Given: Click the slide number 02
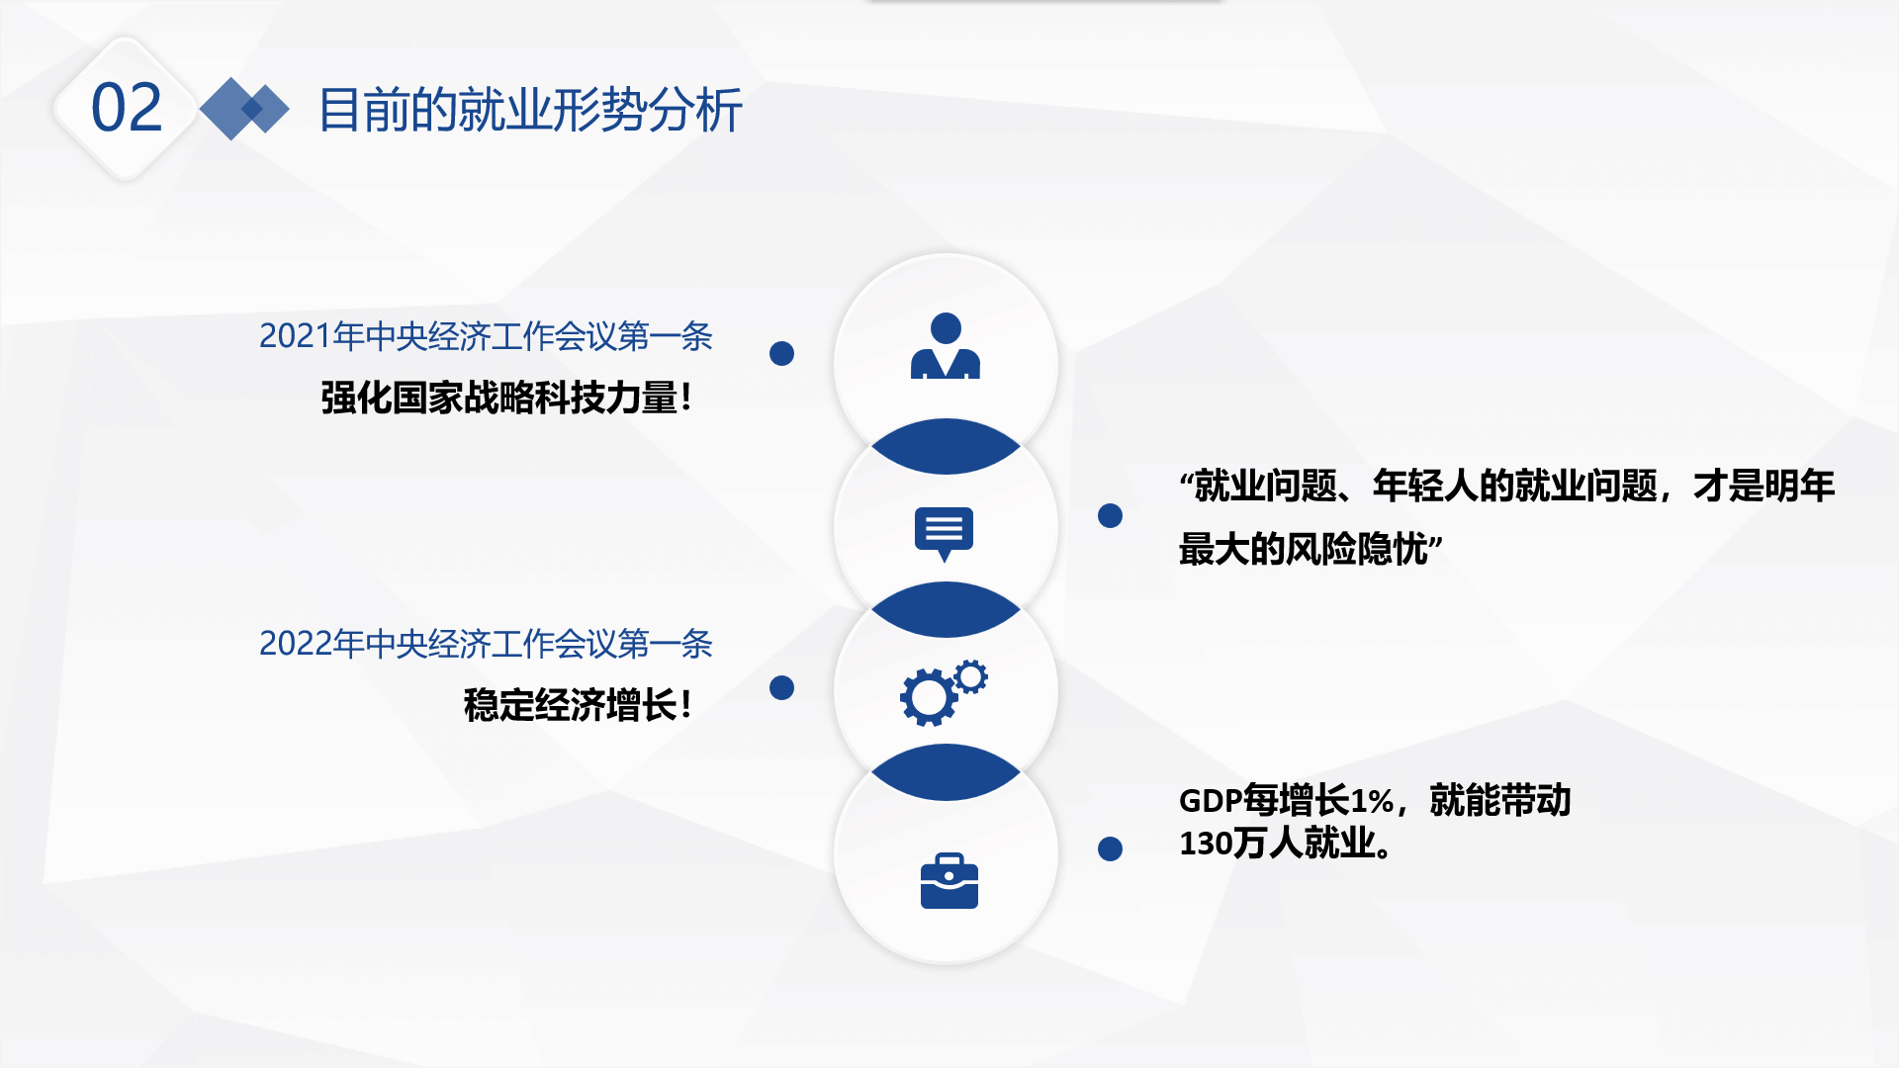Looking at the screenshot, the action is (x=127, y=108).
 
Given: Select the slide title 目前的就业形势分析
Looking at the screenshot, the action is (x=530, y=109).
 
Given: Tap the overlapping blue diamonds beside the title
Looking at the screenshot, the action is (x=244, y=109).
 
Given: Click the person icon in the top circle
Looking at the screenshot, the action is (x=946, y=346).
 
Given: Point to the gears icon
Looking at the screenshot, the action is (x=944, y=692).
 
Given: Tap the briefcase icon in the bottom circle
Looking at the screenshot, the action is (x=949, y=880).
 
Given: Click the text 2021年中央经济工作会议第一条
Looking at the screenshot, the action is (x=486, y=336).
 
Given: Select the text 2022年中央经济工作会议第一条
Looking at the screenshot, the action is (x=486, y=644).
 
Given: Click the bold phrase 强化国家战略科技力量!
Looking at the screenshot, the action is (x=506, y=398).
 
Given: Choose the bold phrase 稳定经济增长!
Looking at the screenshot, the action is (x=578, y=705).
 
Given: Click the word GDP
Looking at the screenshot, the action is (x=1211, y=800).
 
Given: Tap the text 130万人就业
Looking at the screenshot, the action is (x=1279, y=844).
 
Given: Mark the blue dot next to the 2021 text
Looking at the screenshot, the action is (x=782, y=353).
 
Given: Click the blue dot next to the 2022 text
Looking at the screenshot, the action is (x=782, y=687).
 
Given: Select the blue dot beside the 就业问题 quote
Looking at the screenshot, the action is (x=1111, y=515).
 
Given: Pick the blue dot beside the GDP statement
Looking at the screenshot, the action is (x=1111, y=848).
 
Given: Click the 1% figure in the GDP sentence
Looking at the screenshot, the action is (x=1372, y=800).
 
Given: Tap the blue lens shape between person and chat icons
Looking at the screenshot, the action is (x=946, y=446).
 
